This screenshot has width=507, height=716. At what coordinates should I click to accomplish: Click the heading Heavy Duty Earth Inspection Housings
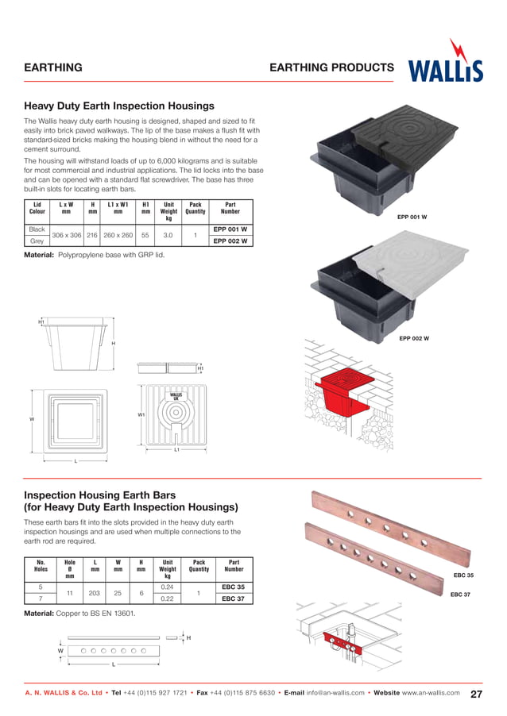[x=119, y=106]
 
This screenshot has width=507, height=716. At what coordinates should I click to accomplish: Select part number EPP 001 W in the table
[x=230, y=229]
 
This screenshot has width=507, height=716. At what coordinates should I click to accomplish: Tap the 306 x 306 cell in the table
[x=68, y=235]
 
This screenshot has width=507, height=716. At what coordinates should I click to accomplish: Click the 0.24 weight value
[x=168, y=587]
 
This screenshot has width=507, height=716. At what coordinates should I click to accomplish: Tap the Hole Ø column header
[x=69, y=568]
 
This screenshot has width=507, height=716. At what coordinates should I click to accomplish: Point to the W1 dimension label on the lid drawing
[x=141, y=414]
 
